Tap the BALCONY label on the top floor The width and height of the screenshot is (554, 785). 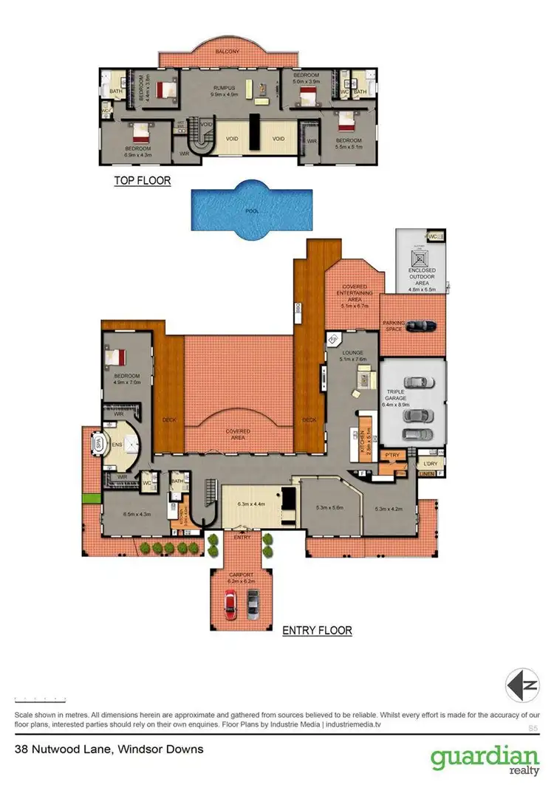point(225,52)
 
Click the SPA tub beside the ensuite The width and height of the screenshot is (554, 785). point(98,445)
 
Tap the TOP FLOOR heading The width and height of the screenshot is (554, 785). point(142,180)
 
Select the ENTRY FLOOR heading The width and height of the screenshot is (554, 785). point(317,631)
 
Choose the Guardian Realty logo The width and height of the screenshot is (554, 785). point(485,759)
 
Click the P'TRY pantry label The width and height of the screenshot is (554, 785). point(391,456)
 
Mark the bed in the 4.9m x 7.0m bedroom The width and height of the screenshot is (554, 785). point(117,357)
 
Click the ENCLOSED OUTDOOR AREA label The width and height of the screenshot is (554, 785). point(422,275)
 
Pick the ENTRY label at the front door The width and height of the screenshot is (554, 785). point(242,538)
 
